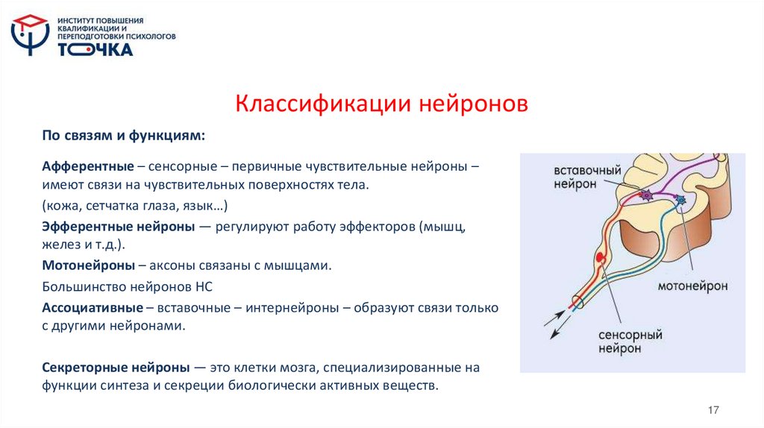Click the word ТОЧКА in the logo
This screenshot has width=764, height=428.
click(95, 49)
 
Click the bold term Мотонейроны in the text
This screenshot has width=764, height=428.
click(89, 265)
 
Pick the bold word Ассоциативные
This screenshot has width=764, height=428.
click(93, 307)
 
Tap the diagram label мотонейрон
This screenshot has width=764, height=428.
click(693, 286)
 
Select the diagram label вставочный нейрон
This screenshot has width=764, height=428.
click(587, 177)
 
